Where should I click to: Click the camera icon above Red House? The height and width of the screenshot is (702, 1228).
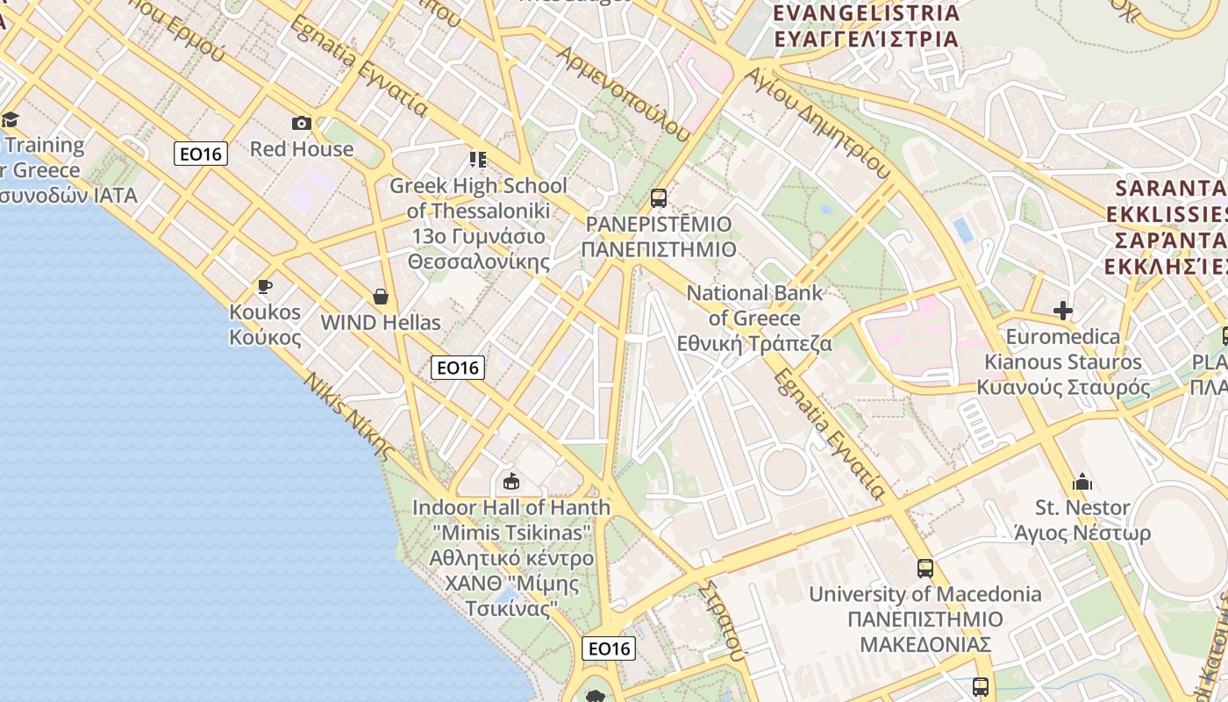pyautogui.click(x=302, y=123)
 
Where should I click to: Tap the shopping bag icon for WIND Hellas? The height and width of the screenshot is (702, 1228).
pyautogui.click(x=381, y=297)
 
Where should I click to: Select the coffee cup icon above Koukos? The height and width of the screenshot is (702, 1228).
pyautogui.click(x=264, y=286)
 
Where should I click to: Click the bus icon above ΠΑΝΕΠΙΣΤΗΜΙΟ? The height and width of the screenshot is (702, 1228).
pyautogui.click(x=658, y=198)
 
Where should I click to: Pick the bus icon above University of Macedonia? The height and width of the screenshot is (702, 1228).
pyautogui.click(x=925, y=569)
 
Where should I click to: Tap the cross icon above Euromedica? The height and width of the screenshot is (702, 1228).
pyautogui.click(x=1063, y=311)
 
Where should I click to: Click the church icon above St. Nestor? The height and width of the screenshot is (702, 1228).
pyautogui.click(x=1082, y=482)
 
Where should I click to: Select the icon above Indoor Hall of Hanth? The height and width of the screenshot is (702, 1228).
pyautogui.click(x=511, y=482)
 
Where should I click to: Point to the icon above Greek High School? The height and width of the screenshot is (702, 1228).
pyautogui.click(x=478, y=160)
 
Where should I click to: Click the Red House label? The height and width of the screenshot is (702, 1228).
pyautogui.click(x=302, y=148)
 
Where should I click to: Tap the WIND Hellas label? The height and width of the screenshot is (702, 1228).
pyautogui.click(x=381, y=322)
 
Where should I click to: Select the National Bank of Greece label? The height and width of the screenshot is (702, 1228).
pyautogui.click(x=754, y=318)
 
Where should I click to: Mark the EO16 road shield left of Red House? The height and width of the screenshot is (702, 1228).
pyautogui.click(x=201, y=154)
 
